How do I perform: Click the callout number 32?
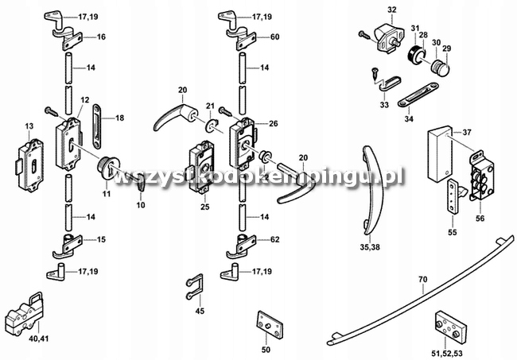pyautogui.click(x=391, y=9)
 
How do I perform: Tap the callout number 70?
pyautogui.click(x=423, y=279)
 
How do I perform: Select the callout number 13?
pyautogui.click(x=29, y=126)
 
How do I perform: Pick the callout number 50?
pyautogui.click(x=266, y=349)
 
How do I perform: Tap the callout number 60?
pyautogui.click(x=274, y=37)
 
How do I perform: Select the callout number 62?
pyautogui.click(x=274, y=239)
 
